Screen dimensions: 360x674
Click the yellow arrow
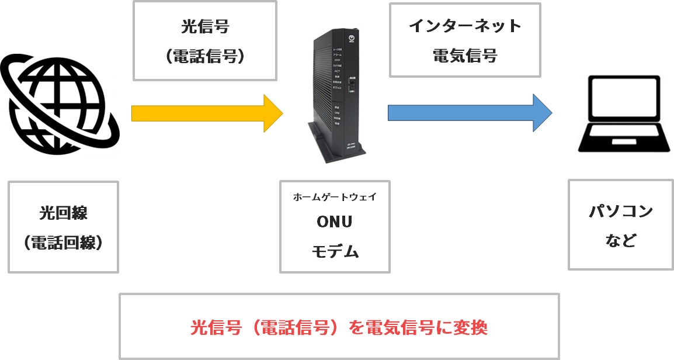pos(204,113)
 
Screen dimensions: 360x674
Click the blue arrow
pos(467,113)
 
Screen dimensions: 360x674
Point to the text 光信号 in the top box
pos(204,27)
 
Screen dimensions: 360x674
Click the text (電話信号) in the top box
pos(204,57)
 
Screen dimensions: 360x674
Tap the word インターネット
pos(465,26)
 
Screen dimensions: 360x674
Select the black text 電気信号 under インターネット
pos(465,56)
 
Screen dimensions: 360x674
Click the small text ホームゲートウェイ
pos(335,196)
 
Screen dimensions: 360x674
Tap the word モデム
pos(335,251)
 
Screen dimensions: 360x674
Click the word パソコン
pos(620,212)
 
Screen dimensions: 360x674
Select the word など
pos(620,240)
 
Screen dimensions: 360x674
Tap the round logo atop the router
pos(350,27)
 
